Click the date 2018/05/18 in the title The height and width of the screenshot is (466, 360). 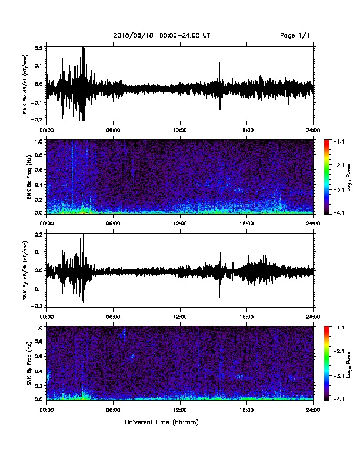tap(134, 36)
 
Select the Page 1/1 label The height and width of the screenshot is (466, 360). tap(295, 36)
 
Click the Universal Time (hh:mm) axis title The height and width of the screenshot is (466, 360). tap(162, 422)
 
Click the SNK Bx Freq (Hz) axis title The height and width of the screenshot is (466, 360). tap(29, 177)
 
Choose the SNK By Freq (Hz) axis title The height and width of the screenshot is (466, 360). tap(29, 364)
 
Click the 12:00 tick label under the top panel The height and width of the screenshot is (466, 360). tap(180, 131)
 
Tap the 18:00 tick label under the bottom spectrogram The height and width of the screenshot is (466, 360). tap(246, 410)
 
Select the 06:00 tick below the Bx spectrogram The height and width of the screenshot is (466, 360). tap(113, 224)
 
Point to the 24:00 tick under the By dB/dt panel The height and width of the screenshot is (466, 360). tap(314, 317)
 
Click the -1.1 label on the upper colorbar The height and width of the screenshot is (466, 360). tap(339, 142)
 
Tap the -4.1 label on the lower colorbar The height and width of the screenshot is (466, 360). tap(339, 399)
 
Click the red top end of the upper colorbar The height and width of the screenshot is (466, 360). tap(326, 141)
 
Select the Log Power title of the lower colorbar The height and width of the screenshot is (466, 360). tap(349, 364)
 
